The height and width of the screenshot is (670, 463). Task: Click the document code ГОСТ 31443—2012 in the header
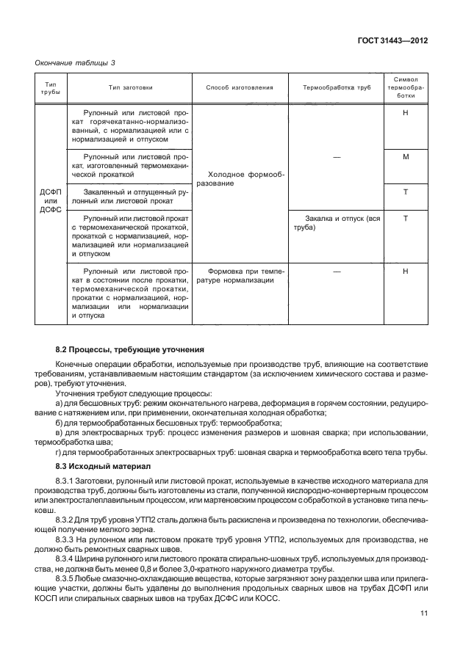click(x=392, y=41)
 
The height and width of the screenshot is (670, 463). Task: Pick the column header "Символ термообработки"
click(x=406, y=87)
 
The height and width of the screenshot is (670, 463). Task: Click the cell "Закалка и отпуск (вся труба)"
click(x=336, y=223)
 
